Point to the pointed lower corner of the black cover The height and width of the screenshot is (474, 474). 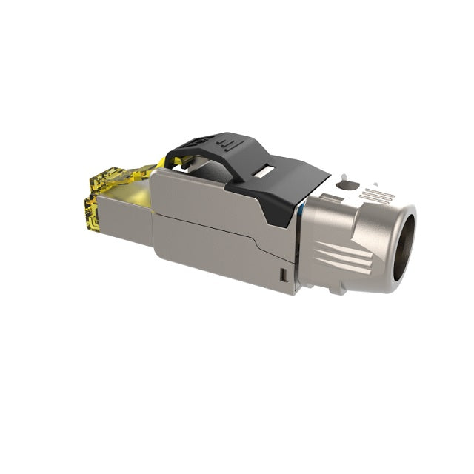[286, 224]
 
